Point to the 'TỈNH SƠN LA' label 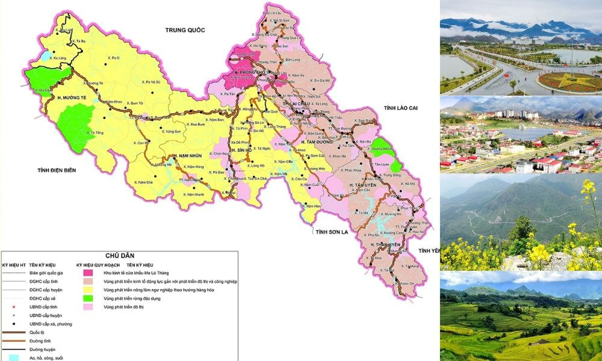333,231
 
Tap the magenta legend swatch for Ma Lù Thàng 88,273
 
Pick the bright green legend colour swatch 88,298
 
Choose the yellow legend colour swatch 88,290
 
